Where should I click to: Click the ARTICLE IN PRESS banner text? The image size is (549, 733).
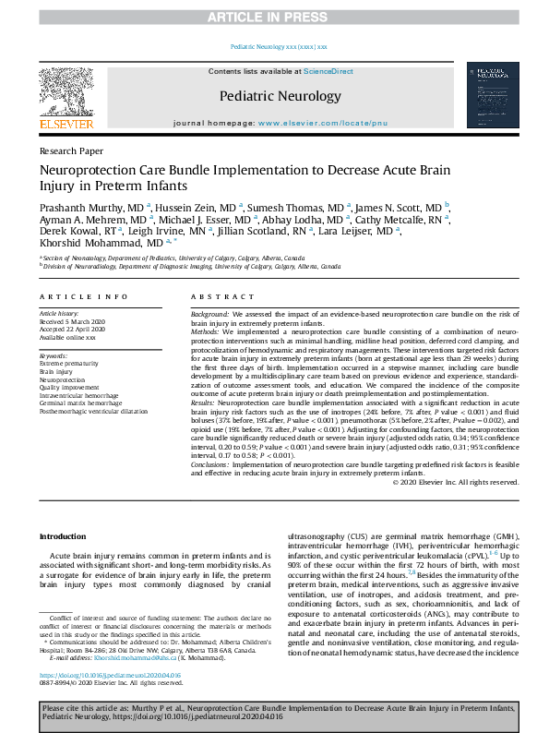274,18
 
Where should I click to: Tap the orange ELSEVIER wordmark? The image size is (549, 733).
66,124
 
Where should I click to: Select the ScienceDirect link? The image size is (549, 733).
328,71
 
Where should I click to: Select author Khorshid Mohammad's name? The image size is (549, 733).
90,243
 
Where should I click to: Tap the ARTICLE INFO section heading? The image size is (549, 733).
83,296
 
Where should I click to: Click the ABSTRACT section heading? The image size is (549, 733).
221,296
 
